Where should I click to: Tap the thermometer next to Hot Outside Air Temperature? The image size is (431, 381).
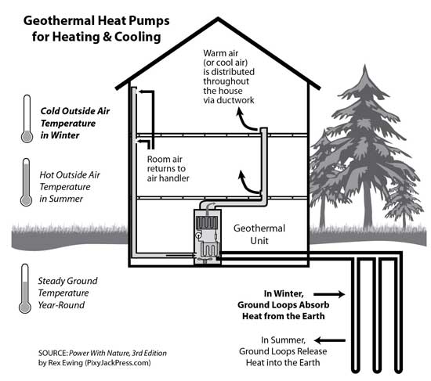[x=26, y=182]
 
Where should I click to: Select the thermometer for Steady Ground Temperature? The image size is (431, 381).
[x=26, y=287]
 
